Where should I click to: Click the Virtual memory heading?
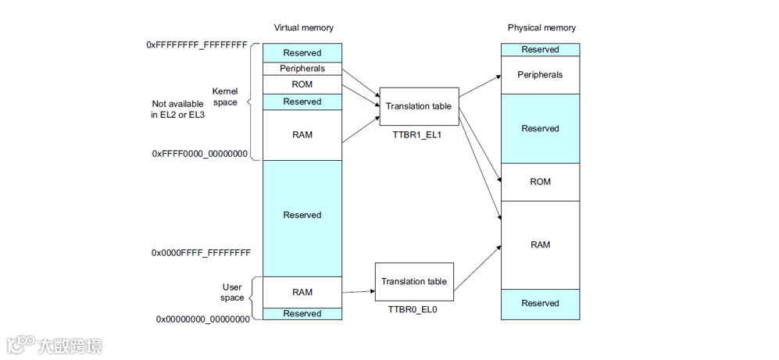pos(303,28)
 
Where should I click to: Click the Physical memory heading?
pos(541,28)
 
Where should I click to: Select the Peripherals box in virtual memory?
pos(302,69)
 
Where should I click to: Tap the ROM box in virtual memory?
pos(302,84)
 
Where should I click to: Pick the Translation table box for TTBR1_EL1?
pos(419,106)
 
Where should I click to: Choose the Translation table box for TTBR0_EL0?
pos(414,281)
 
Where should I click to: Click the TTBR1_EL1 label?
pos(419,135)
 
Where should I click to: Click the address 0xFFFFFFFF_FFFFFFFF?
pos(197,45)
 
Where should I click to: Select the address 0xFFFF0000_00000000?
pos(200,154)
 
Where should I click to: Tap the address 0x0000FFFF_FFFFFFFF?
pos(201,253)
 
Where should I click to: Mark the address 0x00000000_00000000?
pos(203,319)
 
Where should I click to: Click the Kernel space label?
pos(225,97)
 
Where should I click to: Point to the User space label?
pos(233,292)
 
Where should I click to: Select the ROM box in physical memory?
pos(540,182)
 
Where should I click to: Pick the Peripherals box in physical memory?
pos(540,75)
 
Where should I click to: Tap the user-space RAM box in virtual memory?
pos(302,292)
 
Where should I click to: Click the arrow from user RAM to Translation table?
pos(358,291)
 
